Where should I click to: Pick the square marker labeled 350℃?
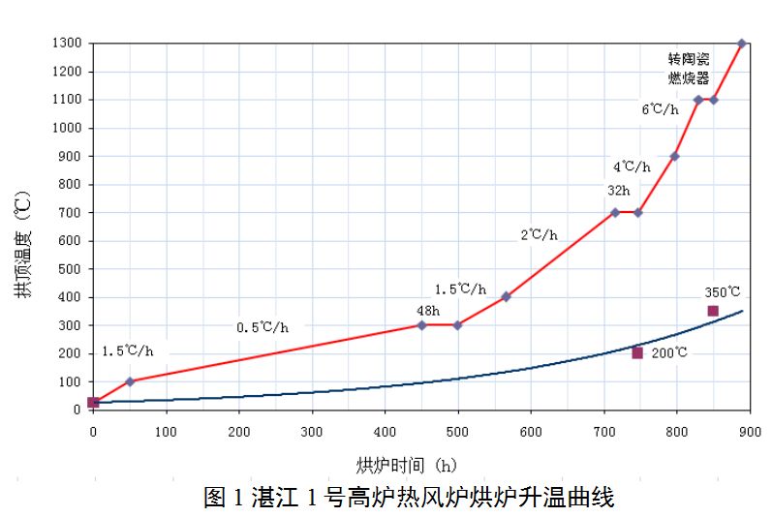tap(713, 311)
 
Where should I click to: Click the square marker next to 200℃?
tap(637, 352)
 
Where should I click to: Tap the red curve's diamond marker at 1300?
tap(742, 44)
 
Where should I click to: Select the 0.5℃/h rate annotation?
tap(262, 327)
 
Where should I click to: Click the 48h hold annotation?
tap(428, 311)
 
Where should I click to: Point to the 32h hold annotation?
tap(619, 191)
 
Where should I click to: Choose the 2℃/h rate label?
tap(539, 234)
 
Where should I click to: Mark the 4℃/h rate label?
tap(632, 167)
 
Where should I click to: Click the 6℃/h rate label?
tap(661, 109)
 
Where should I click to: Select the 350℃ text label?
tap(723, 291)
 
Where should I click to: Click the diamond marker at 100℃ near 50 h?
tap(130, 381)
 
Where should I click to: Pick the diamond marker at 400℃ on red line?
tap(506, 296)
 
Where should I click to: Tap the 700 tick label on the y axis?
tap(72, 212)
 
